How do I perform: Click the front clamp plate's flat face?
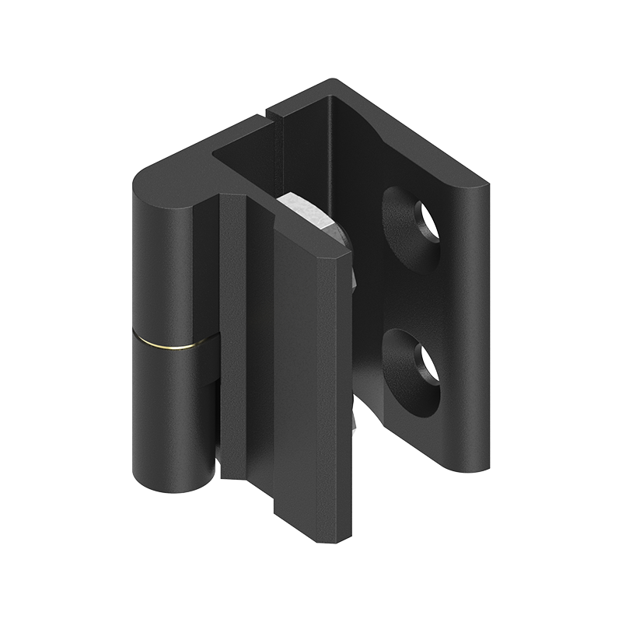pyautogui.click(x=307, y=373)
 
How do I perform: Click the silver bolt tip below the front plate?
pyautogui.click(x=355, y=420)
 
